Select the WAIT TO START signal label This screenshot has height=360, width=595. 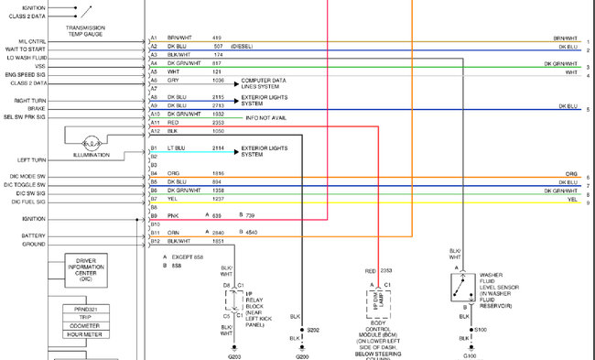point(25,49)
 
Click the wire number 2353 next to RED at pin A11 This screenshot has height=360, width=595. point(218,122)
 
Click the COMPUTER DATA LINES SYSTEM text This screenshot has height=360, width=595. point(266,83)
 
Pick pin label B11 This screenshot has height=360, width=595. point(155,233)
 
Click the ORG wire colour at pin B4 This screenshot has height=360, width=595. point(173,173)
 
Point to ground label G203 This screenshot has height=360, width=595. point(235,355)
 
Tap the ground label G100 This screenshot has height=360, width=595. point(470,355)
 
